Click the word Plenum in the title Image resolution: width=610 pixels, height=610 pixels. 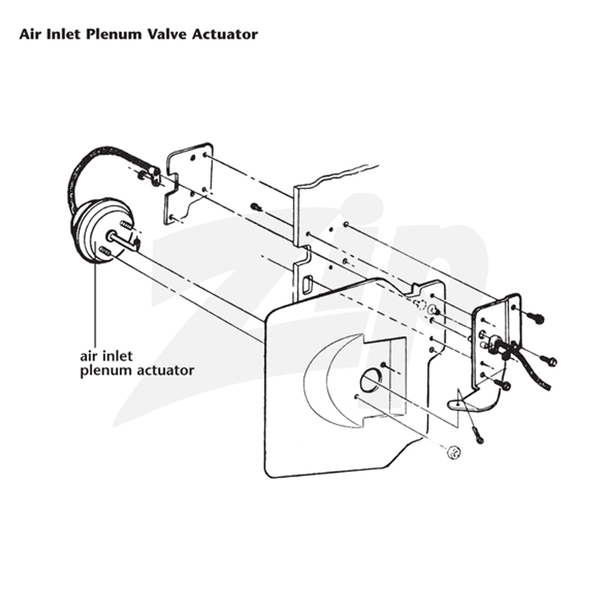pyautogui.click(x=114, y=34)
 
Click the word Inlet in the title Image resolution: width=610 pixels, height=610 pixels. pyautogui.click(x=63, y=34)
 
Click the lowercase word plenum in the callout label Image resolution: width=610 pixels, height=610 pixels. pyautogui.click(x=104, y=371)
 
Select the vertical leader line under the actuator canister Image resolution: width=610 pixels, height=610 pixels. pyautogui.click(x=95, y=304)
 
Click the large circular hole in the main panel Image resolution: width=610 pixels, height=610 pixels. pyautogui.click(x=370, y=380)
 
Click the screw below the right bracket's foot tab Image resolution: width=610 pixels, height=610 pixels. pyautogui.click(x=477, y=435)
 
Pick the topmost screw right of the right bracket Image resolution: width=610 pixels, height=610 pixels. pyautogui.click(x=535, y=318)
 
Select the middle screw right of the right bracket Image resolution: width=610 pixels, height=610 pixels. pyautogui.click(x=548, y=361)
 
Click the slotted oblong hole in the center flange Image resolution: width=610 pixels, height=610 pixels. pyautogui.click(x=308, y=284)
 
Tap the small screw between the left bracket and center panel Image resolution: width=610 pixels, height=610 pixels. pyautogui.click(x=255, y=206)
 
